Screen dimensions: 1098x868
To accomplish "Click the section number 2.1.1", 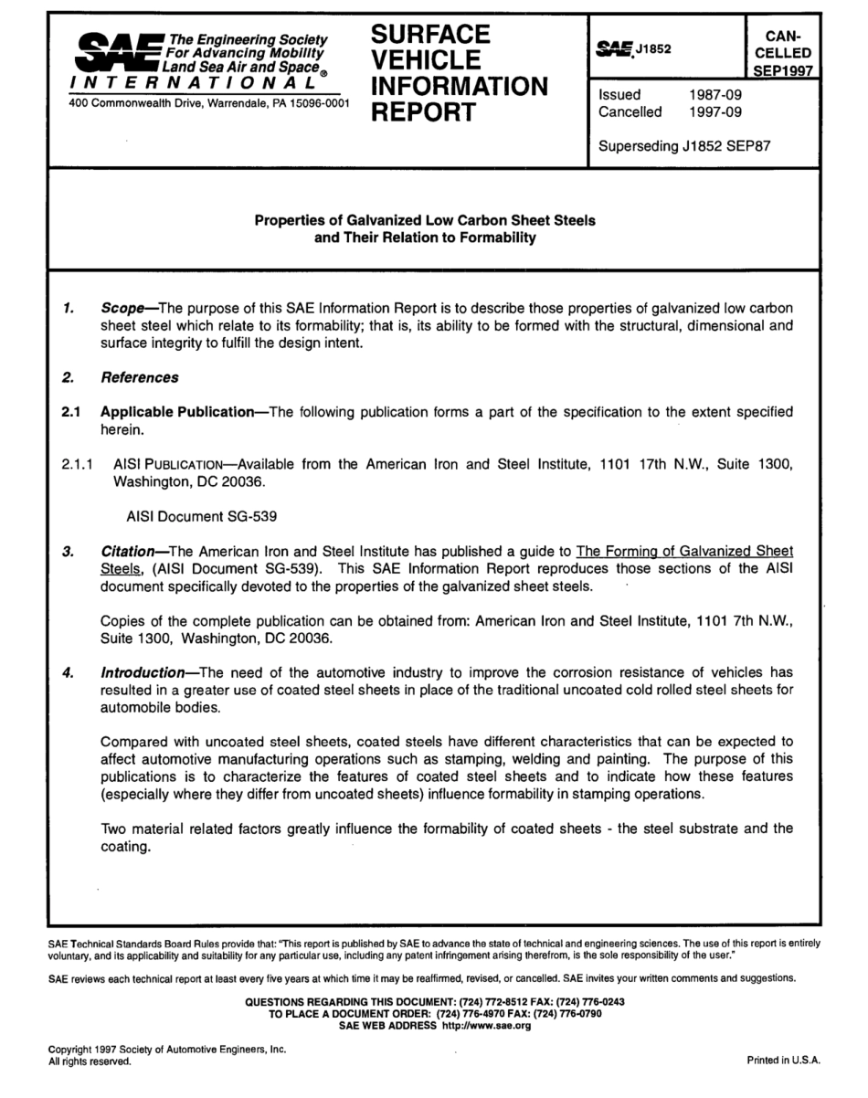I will coord(78,465).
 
